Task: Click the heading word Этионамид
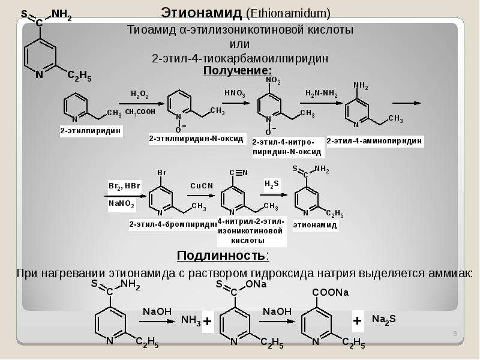coord(202,13)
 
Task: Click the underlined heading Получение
coord(238,70)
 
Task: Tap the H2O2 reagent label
coord(140,94)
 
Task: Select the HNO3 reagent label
coord(235,93)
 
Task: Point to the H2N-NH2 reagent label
coord(322,94)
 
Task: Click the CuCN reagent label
coord(202,186)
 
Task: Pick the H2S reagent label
coord(272,184)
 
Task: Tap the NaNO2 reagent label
coord(122,203)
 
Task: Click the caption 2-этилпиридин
coord(91,131)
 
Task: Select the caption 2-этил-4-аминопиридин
coord(374,141)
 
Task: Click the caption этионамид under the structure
coord(315,225)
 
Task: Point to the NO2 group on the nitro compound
coord(273,80)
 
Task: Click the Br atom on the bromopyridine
coord(162,173)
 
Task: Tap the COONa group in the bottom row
coord(331,293)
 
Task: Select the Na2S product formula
coord(384,320)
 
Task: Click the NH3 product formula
coord(191,320)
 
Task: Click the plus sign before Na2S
coord(357,321)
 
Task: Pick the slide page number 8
coord(455,334)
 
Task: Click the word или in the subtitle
coord(239,44)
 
